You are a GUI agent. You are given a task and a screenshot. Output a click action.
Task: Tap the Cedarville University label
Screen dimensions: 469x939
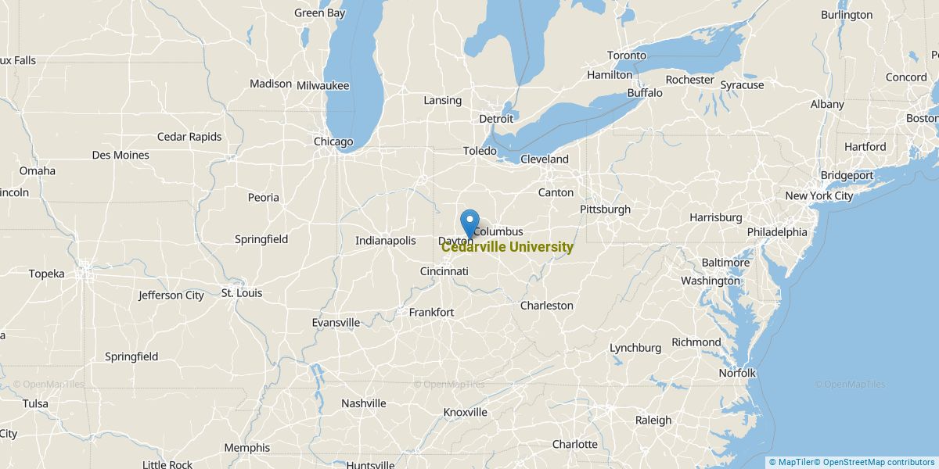click(x=507, y=248)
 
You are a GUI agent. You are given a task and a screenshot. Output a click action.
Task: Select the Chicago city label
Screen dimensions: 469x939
click(x=333, y=141)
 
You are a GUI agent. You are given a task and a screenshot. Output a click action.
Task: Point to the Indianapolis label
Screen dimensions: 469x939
click(x=385, y=241)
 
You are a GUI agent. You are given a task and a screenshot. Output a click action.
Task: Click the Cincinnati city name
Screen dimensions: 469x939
click(x=444, y=271)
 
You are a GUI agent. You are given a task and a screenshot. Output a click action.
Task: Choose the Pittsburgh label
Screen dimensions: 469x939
click(x=605, y=209)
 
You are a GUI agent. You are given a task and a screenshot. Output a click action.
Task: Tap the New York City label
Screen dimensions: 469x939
click(x=818, y=196)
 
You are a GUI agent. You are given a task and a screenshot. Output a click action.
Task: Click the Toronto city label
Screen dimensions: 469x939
click(x=627, y=55)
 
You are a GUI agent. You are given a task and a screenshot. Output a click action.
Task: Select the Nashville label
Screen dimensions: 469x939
click(x=363, y=403)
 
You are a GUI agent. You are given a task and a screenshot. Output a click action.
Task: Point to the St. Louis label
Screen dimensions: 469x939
click(x=242, y=293)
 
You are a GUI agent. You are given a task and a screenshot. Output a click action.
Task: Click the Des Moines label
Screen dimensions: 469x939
click(x=121, y=155)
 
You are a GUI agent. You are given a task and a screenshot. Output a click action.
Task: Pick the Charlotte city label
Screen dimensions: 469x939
click(x=574, y=444)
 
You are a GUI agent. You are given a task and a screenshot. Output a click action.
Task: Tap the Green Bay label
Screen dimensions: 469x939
click(x=319, y=13)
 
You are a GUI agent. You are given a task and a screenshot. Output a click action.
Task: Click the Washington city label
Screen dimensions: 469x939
click(x=710, y=281)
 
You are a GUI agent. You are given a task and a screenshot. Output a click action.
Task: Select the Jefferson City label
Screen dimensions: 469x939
click(x=171, y=295)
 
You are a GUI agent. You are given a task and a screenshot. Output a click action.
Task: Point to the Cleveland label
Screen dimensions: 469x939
click(x=544, y=159)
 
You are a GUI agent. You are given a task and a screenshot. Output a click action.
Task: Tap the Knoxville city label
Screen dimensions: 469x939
click(x=465, y=412)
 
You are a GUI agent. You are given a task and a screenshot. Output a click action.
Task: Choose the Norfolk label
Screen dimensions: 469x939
click(x=737, y=373)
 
